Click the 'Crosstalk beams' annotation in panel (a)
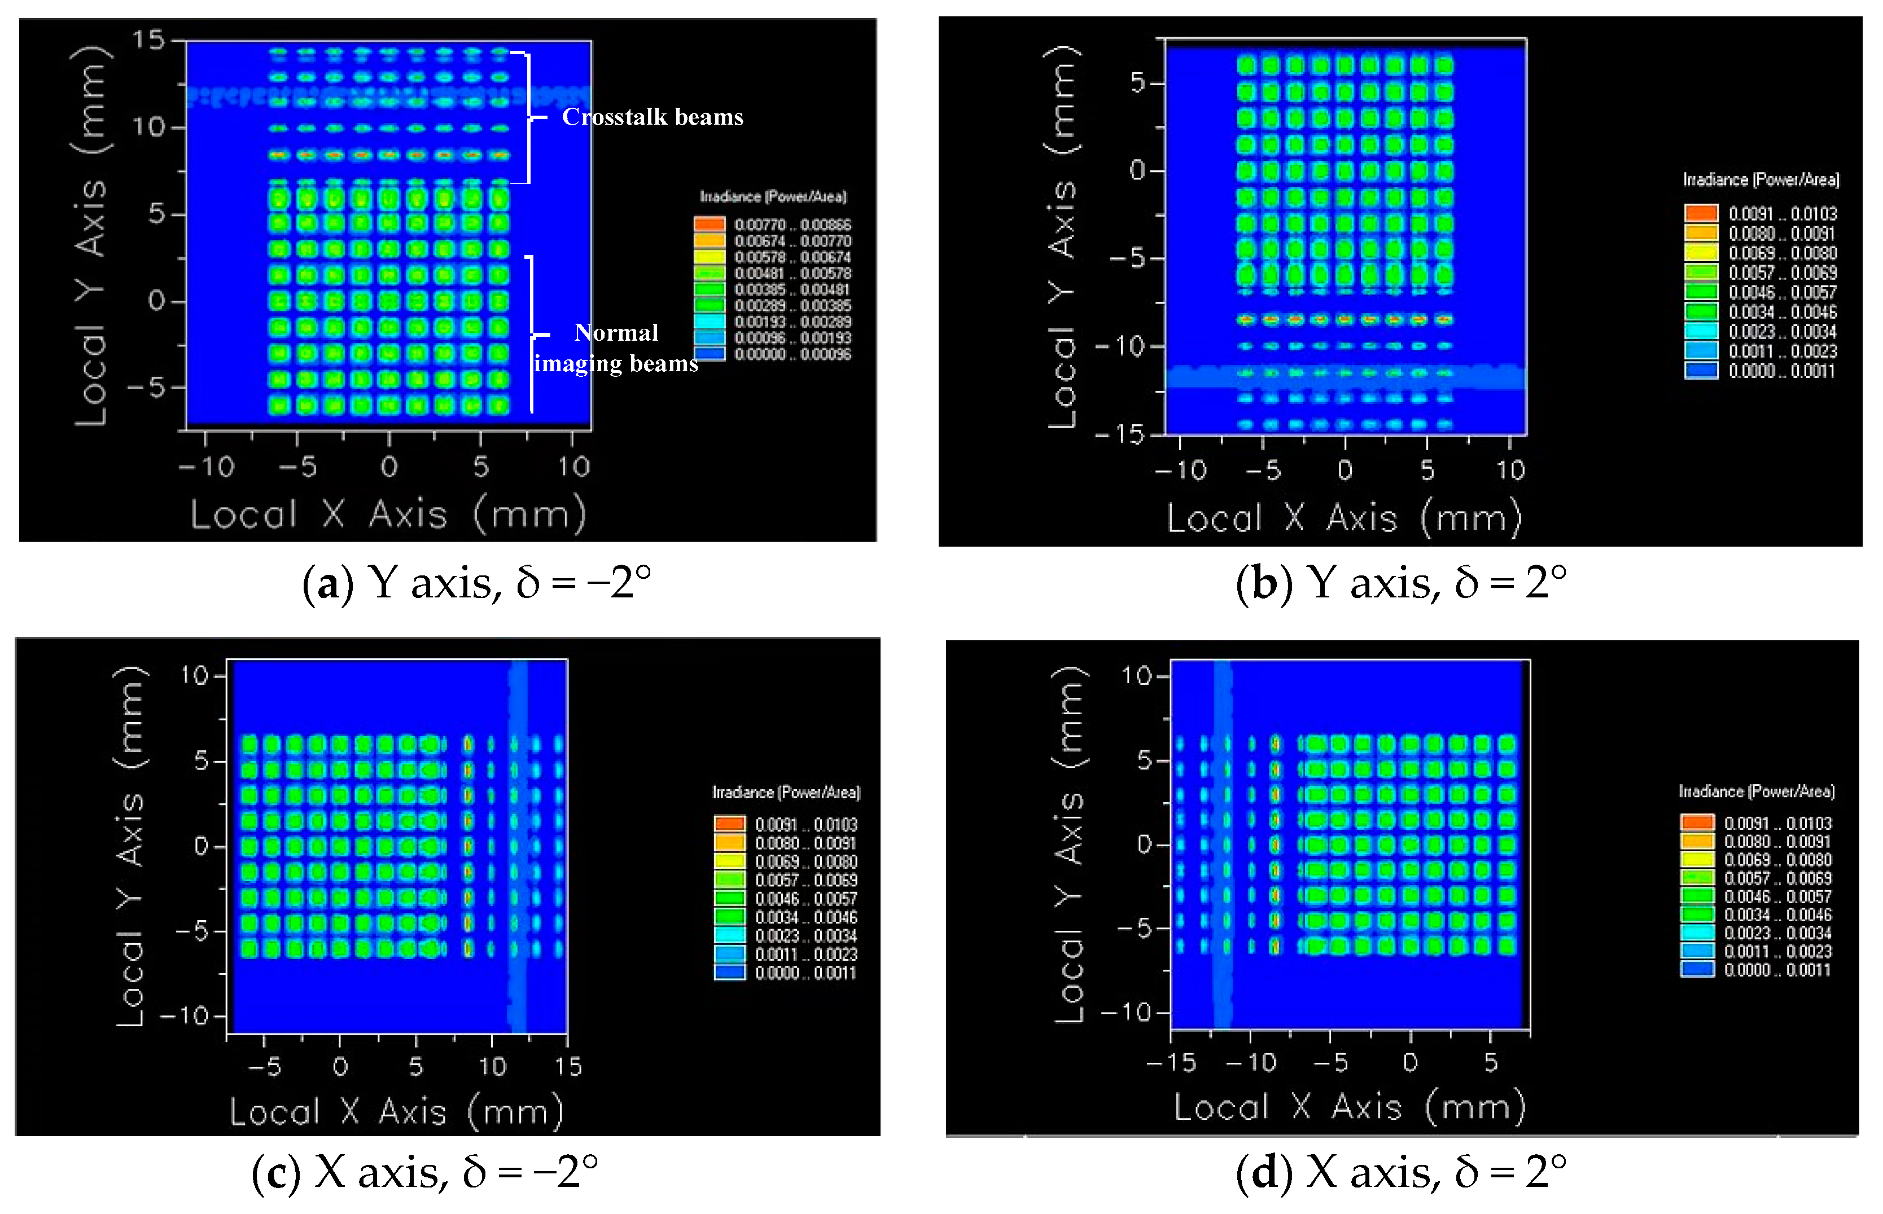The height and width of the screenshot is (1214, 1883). point(652,117)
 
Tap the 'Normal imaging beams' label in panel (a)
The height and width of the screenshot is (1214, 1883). point(616,348)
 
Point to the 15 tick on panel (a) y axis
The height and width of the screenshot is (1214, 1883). point(148,39)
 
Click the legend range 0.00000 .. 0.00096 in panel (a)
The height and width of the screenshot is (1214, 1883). point(792,354)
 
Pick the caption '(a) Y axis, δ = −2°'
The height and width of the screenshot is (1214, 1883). point(477,583)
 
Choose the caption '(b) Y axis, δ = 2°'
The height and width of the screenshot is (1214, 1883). point(1400,583)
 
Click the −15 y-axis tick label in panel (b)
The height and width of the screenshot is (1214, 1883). point(1120,434)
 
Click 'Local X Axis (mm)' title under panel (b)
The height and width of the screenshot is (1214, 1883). point(1345,518)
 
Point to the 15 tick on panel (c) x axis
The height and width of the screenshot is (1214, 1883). point(568,1067)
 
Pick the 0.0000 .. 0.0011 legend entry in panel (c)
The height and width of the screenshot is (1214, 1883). point(805,973)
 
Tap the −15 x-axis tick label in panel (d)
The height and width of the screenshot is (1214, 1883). point(1171,1063)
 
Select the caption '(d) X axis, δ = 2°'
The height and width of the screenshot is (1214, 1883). point(1400,1172)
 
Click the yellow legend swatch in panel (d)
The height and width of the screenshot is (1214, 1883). point(1697,859)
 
